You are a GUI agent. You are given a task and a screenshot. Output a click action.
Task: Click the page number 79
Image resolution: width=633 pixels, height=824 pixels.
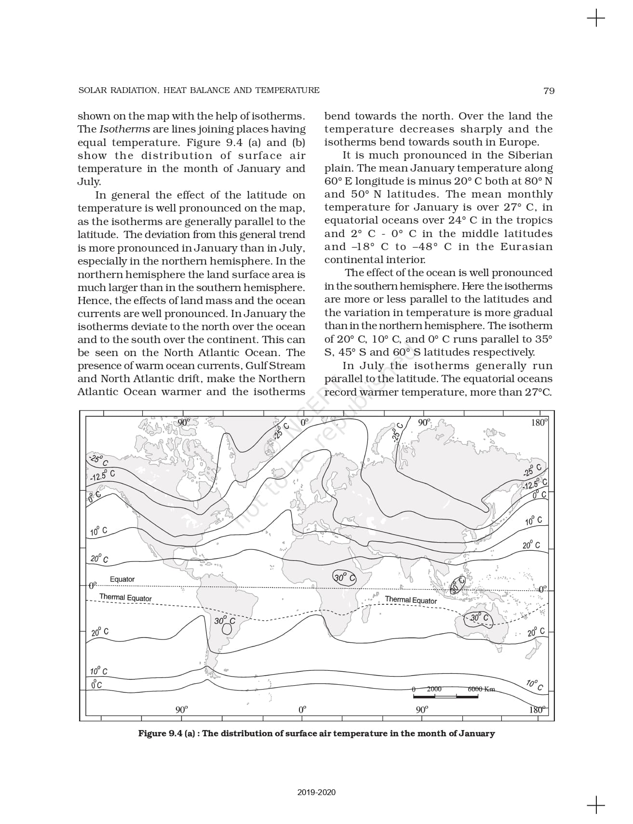coord(549,91)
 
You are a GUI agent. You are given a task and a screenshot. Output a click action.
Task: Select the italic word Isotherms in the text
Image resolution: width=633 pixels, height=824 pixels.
coord(124,129)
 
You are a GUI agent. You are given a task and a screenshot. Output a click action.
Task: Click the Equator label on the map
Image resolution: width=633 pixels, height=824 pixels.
coord(122,579)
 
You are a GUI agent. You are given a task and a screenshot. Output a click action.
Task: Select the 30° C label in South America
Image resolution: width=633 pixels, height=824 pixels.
coord(225,621)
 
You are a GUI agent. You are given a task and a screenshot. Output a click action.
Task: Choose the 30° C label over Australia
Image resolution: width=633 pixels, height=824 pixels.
coord(479,618)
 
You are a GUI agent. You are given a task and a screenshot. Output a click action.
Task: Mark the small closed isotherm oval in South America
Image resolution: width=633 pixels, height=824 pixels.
coord(227,629)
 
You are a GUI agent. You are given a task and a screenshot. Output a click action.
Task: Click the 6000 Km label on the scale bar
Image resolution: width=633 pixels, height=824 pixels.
coord(481,689)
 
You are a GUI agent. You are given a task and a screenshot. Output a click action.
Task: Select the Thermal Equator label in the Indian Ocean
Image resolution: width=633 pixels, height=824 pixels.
coord(411,600)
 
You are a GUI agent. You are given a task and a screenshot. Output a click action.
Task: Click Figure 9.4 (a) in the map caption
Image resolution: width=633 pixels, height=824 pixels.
coord(166,733)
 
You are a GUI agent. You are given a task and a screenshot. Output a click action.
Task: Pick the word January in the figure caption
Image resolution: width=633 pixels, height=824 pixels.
coord(476,733)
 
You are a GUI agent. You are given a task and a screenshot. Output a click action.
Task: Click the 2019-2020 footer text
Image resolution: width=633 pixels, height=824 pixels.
coord(316,792)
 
